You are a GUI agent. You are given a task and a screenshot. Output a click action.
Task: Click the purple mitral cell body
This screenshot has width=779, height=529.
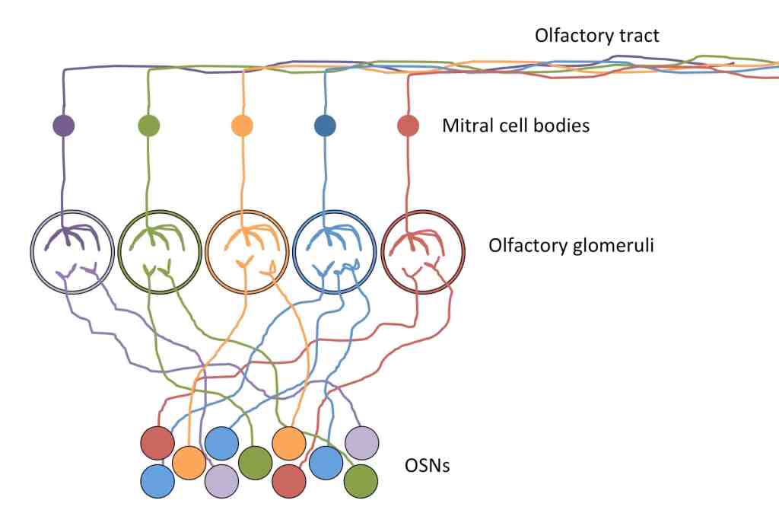click(63, 126)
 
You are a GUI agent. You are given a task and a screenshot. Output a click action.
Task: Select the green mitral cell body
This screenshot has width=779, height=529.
click(148, 126)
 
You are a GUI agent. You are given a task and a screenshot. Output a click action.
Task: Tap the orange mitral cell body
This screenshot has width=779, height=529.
click(241, 126)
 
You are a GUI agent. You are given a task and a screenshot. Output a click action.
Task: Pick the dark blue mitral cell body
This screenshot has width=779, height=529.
click(325, 126)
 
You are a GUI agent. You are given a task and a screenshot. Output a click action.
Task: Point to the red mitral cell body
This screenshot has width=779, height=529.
click(409, 126)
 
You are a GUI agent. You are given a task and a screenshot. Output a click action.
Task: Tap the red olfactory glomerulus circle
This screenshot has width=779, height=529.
click(422, 251)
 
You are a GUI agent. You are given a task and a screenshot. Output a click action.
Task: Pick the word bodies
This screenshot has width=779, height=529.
click(562, 125)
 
